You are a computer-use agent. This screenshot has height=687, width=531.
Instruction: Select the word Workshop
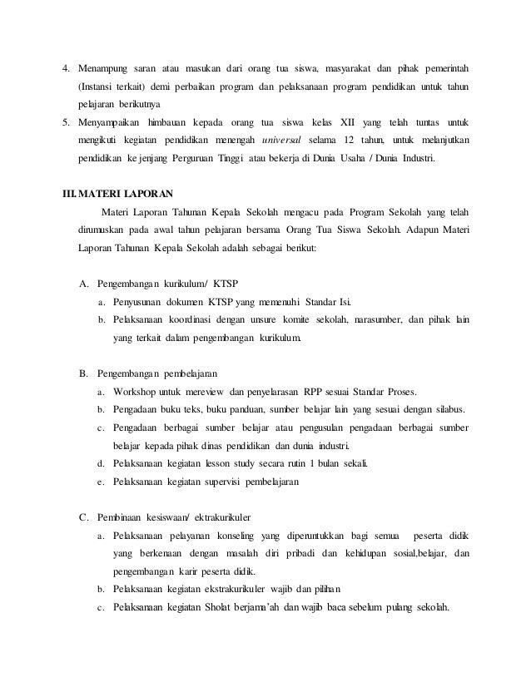pyautogui.click(x=137, y=391)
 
